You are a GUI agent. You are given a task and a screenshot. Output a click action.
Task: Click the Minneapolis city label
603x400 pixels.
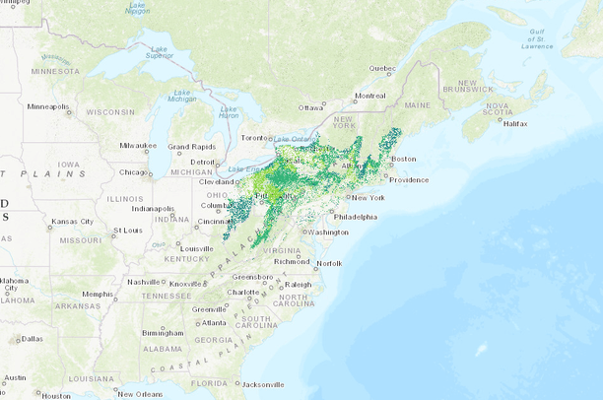point(49,106)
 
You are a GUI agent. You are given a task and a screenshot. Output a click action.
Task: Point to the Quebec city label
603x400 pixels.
point(382,68)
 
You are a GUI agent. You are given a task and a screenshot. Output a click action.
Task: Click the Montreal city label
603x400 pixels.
point(370,96)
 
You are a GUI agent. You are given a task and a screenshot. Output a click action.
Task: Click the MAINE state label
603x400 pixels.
point(418,104)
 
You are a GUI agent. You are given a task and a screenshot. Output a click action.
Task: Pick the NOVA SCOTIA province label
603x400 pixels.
point(497,108)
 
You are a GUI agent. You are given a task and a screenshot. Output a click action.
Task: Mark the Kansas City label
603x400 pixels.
point(72,221)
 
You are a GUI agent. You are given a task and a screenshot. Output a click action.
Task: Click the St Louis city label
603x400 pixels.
point(128,231)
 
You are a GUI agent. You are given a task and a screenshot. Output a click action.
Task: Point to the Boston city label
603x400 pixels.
point(405,159)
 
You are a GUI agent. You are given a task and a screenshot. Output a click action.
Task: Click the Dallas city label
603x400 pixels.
point(31,339)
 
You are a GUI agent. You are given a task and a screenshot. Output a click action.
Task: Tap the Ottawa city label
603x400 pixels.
point(311,106)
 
